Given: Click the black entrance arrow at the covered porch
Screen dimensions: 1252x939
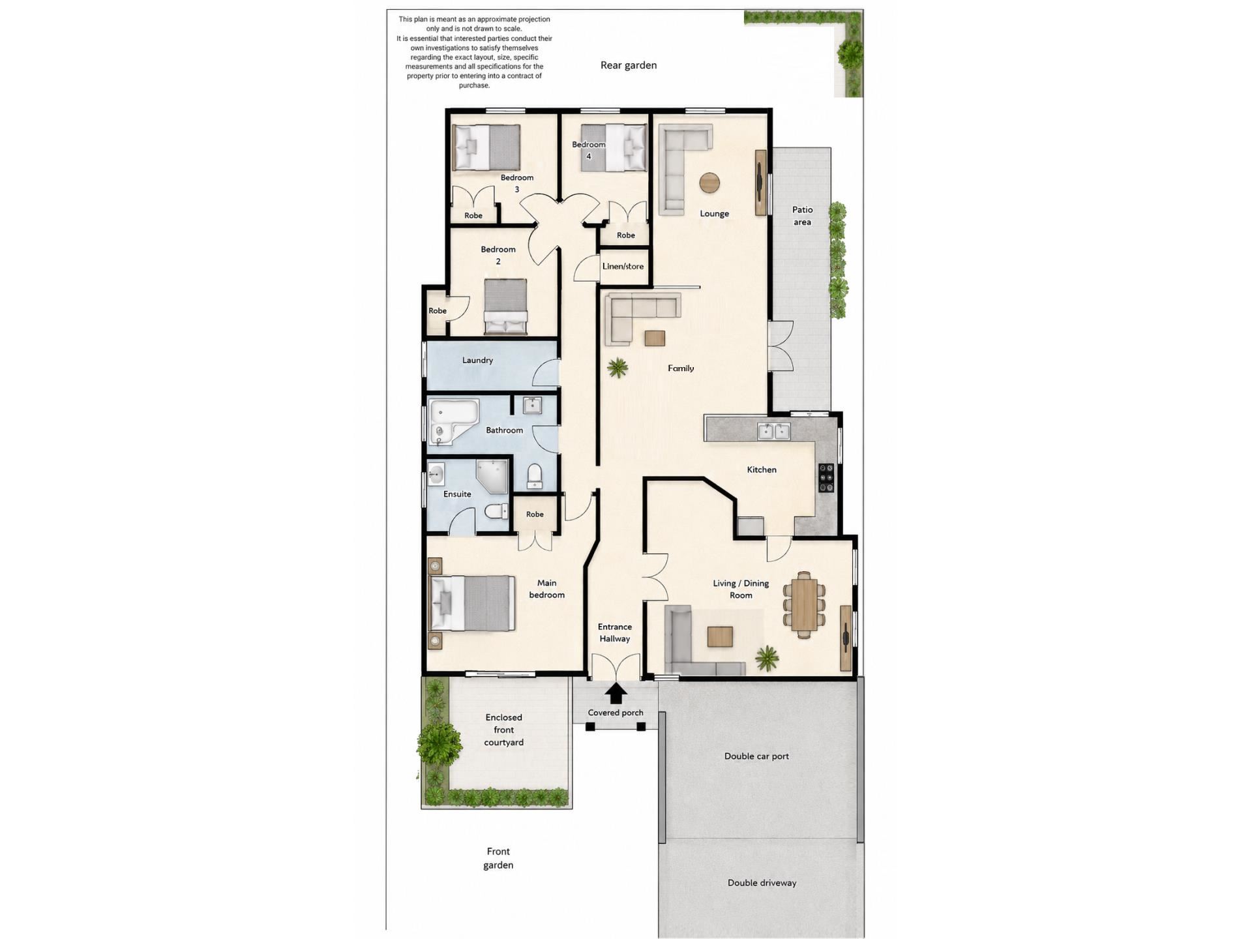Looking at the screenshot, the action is (616, 693).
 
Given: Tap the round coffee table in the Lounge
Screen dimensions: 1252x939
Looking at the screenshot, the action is (709, 183).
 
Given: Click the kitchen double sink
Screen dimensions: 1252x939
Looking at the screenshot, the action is (773, 431).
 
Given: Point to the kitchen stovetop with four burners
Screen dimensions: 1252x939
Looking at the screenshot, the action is (826, 477).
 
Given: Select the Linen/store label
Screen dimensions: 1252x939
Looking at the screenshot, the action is (623, 266).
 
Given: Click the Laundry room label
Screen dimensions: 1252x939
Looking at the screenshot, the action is (477, 360).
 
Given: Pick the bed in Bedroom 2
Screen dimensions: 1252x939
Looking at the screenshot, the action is (505, 306).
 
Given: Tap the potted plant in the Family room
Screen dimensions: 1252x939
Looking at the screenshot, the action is (617, 368).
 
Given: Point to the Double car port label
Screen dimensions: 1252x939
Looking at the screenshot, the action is (756, 756).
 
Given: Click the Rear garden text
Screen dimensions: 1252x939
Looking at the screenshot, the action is (629, 65).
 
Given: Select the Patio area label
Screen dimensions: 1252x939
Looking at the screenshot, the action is (802, 216).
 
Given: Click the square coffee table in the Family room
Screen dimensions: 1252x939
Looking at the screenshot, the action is (655, 338).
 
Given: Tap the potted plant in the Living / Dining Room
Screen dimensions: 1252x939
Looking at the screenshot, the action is (767, 658).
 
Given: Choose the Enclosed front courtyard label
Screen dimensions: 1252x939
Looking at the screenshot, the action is (503, 730).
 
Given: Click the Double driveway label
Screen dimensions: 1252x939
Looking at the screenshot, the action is (762, 883).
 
